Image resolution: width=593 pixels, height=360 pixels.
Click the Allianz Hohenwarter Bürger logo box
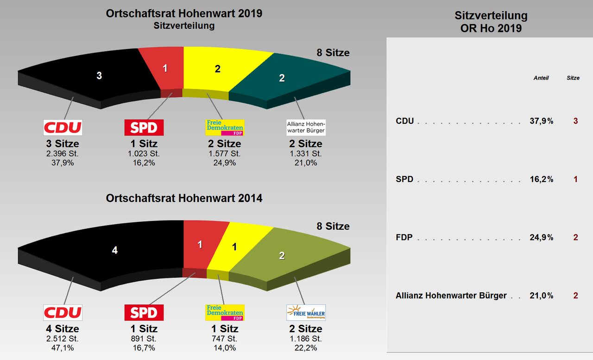(x=306, y=127)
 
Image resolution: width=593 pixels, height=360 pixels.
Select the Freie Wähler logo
(x=306, y=313)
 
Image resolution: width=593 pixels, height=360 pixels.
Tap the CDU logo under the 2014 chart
(x=63, y=313)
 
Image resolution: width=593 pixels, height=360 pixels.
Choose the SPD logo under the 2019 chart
(x=144, y=127)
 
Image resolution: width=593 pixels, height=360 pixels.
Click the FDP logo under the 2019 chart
(x=225, y=127)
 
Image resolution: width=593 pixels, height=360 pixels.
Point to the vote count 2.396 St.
(x=63, y=154)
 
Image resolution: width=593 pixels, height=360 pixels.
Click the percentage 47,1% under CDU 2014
(x=63, y=348)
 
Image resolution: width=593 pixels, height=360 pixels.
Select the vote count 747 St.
(x=225, y=339)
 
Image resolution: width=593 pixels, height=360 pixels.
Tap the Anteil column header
(x=541, y=78)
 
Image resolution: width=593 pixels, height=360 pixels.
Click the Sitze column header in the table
(x=573, y=78)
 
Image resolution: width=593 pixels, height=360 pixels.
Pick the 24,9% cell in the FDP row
(x=541, y=238)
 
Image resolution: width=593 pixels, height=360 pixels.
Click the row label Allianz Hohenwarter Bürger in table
(x=451, y=296)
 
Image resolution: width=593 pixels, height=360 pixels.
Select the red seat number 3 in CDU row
(x=575, y=121)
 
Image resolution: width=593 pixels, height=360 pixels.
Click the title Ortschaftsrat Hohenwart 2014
(x=184, y=198)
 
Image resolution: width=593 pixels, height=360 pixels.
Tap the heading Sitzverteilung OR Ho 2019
(x=491, y=22)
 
